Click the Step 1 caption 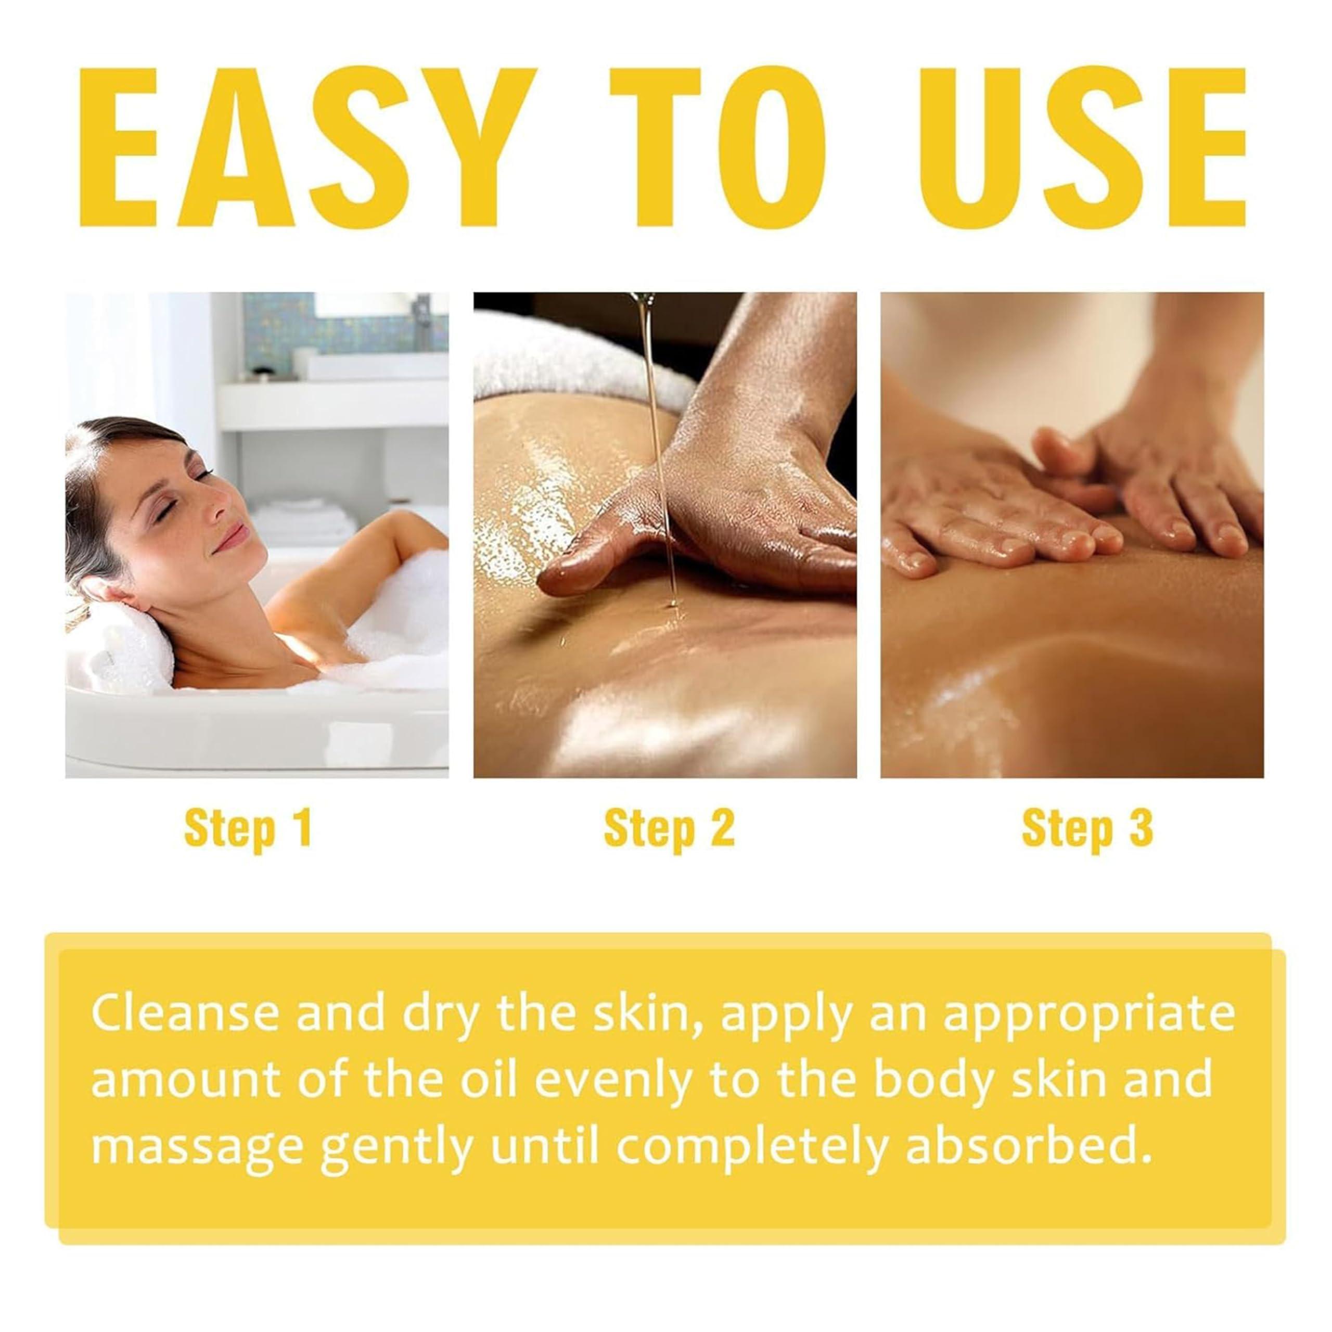coord(249,829)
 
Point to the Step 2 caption coord(669,829)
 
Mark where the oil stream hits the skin coord(670,605)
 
